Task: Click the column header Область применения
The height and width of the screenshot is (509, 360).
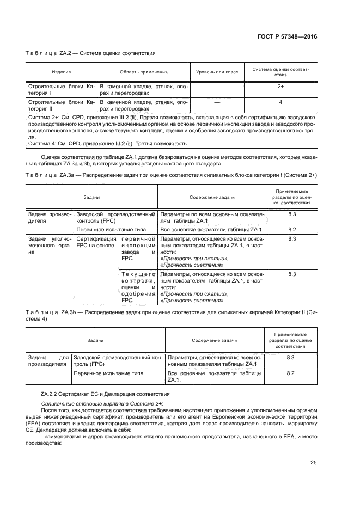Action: pos(143,72)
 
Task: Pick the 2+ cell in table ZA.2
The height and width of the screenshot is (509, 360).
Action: pos(280,86)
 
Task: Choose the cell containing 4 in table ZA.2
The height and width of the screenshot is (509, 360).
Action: pos(280,102)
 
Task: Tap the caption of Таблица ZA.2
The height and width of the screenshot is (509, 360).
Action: pos(90,53)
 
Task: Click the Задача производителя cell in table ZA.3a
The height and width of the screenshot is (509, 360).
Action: pos(49,218)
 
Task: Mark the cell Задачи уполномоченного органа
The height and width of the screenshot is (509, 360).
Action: pos(49,246)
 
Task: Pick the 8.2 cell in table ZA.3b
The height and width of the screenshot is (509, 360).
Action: pos(290,373)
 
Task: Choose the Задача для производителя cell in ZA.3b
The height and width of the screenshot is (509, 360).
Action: pos(49,361)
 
